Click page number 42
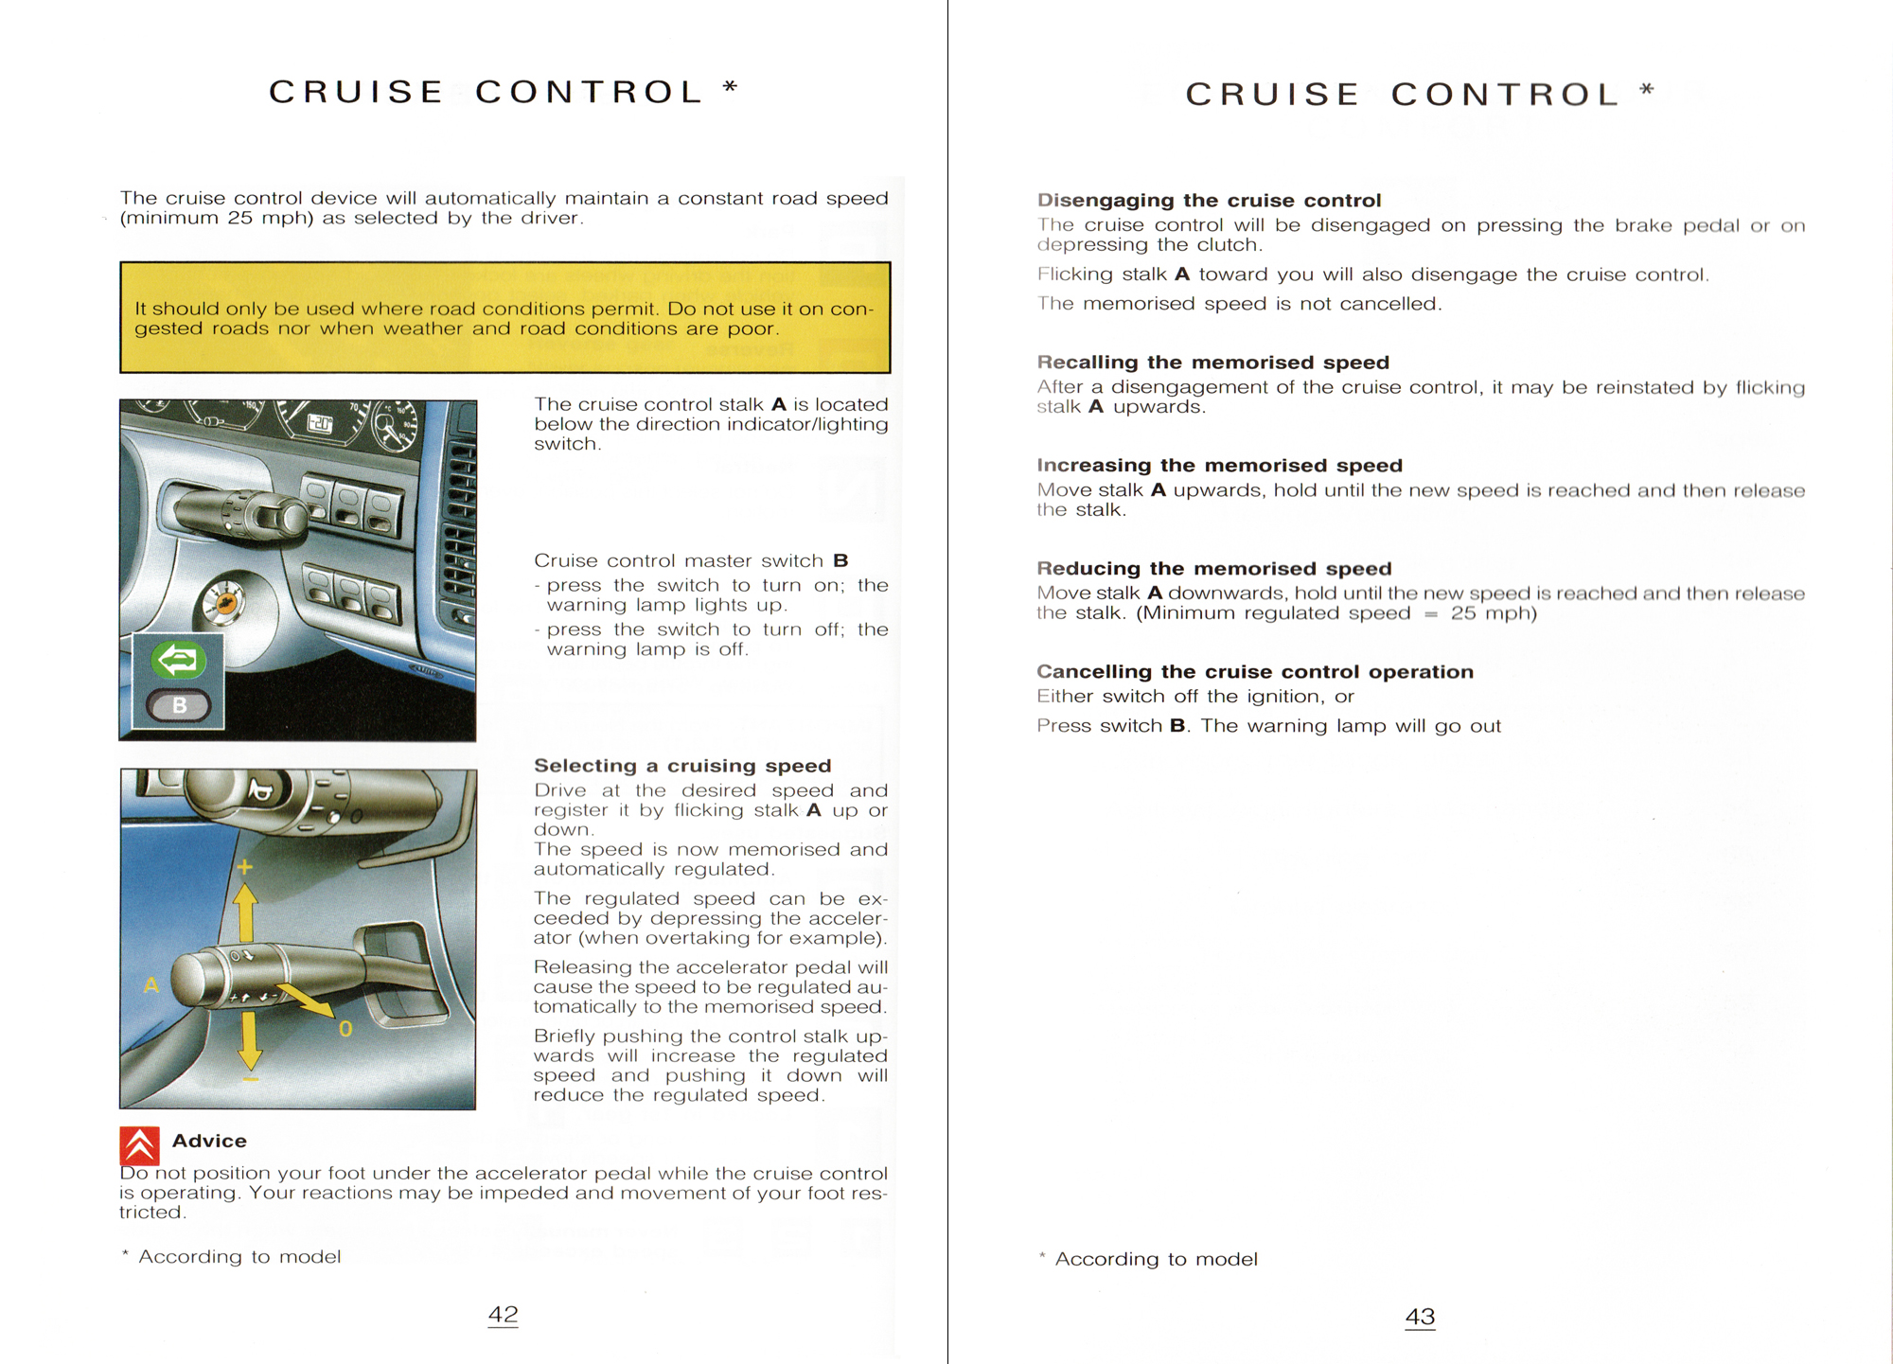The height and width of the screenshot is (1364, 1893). click(x=503, y=1315)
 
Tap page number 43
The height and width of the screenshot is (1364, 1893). click(x=1420, y=1317)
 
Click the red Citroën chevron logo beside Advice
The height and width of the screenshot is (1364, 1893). click(x=139, y=1145)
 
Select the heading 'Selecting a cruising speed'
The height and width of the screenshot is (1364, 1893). click(x=682, y=766)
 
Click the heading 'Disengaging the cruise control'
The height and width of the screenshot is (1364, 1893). click(x=1209, y=201)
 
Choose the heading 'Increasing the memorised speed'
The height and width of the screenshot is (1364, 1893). click(x=1219, y=466)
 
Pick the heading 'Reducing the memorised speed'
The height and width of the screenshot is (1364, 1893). click(x=1213, y=569)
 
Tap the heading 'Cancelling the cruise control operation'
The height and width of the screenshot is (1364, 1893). click(x=1254, y=672)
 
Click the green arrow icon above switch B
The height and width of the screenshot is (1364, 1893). click(x=178, y=660)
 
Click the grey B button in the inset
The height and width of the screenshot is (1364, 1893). click(x=179, y=705)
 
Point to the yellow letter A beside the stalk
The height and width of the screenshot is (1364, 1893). click(x=150, y=985)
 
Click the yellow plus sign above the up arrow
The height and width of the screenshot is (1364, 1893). click(x=245, y=867)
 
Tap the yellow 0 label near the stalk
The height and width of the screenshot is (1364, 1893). click(x=345, y=1029)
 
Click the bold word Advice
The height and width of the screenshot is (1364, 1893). click(x=209, y=1142)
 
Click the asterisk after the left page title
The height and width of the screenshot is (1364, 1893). click(x=730, y=87)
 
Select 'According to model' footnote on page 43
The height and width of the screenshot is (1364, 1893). click(x=1156, y=1259)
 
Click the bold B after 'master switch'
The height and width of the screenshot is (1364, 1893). click(x=840, y=560)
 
